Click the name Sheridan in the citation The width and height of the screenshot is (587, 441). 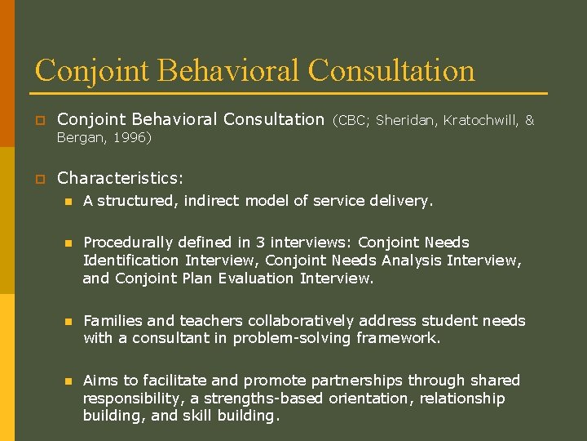pyautogui.click(x=407, y=120)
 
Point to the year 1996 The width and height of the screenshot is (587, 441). pyautogui.click(x=129, y=139)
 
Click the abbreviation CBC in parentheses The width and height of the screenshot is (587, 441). pyautogui.click(x=351, y=120)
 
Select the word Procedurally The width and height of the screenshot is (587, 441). pyautogui.click(x=130, y=243)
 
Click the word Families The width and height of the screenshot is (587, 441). pyautogui.click(x=114, y=321)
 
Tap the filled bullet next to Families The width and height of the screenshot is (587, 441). pyautogui.click(x=68, y=322)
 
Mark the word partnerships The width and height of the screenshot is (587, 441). pyautogui.click(x=360, y=381)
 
